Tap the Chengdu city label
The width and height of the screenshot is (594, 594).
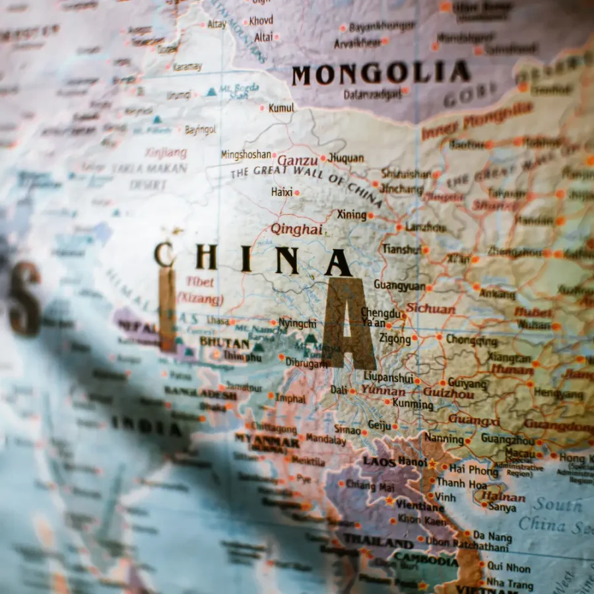(380, 313)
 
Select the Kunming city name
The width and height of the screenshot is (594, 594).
(412, 403)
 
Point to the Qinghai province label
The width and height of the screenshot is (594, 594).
(296, 229)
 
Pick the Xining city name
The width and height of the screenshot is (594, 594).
(351, 214)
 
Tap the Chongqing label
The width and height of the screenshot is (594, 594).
(472, 341)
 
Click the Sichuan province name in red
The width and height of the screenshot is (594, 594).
(430, 308)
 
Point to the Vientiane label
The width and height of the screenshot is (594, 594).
(420, 506)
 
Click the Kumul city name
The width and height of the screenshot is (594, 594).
(281, 108)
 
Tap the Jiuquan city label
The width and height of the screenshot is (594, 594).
(346, 158)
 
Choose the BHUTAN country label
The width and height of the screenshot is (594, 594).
(224, 343)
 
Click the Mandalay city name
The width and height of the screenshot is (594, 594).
(325, 438)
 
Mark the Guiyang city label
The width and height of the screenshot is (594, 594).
(467, 383)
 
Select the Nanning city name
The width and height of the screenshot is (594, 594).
(444, 438)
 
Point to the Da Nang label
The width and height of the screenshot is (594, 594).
(492, 536)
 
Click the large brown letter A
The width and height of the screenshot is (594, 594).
(348, 323)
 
